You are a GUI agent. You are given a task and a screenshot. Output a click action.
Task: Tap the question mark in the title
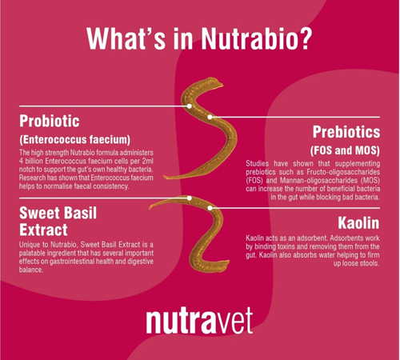click(304, 38)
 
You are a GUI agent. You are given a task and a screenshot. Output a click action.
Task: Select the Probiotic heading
click(50, 122)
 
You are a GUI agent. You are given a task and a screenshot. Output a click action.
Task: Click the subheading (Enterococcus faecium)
click(74, 140)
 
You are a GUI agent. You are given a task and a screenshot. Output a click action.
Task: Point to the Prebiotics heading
click(346, 132)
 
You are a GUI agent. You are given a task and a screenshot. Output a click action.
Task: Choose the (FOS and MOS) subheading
click(345, 150)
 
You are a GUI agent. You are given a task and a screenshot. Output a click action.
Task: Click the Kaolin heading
click(358, 223)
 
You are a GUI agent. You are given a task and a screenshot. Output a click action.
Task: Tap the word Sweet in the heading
click(38, 214)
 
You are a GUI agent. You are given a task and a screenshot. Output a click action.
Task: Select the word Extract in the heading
click(43, 230)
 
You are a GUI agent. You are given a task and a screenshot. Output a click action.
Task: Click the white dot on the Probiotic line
click(190, 106)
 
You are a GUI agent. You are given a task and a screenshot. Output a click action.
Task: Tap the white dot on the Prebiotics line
click(210, 117)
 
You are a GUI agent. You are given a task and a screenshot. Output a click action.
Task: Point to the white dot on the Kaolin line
click(210, 208)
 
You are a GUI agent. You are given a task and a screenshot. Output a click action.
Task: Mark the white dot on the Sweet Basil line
click(190, 198)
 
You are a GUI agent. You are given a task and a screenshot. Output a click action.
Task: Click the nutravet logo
click(199, 321)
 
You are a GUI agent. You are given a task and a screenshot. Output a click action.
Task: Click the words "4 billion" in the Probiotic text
click(31, 161)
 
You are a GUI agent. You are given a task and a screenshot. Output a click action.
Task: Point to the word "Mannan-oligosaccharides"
click(318, 181)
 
